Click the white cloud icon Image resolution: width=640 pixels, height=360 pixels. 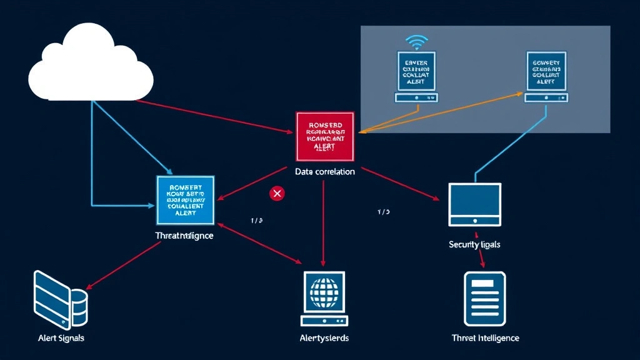91,64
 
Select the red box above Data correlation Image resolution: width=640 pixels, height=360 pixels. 324,136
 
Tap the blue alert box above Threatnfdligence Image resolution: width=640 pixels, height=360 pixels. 184,200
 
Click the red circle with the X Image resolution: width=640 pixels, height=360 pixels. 276,194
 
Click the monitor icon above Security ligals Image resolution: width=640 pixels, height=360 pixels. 474,204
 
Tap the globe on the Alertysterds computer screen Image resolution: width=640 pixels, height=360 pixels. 324,291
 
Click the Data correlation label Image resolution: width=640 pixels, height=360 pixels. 324,171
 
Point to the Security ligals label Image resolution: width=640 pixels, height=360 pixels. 474,244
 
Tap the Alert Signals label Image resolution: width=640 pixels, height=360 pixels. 61,337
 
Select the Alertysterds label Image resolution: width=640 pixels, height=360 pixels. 324,337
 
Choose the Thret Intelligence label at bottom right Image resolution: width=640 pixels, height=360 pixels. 485,337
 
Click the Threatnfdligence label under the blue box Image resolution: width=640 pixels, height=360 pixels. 184,236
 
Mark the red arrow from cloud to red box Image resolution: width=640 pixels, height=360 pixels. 212,116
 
